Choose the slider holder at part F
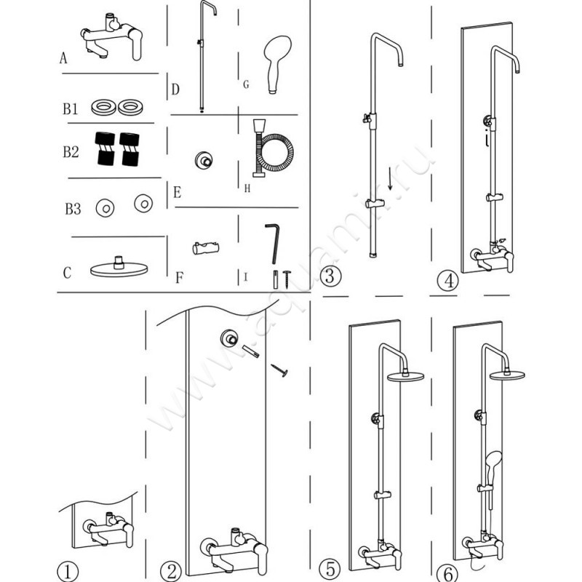pyautogui.click(x=202, y=248)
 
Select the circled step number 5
pyautogui.click(x=330, y=567)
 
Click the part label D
pyautogui.click(x=175, y=89)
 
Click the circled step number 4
pyautogui.click(x=447, y=280)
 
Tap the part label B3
pyautogui.click(x=71, y=210)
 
